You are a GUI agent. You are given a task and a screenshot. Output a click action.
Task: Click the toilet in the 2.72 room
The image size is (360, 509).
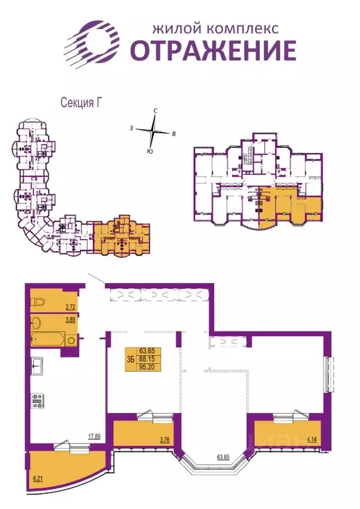(40, 302)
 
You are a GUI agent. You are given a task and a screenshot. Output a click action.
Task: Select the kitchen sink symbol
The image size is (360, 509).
(37, 364)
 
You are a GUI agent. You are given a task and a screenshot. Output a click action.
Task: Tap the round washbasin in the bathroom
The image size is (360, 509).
(72, 341)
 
